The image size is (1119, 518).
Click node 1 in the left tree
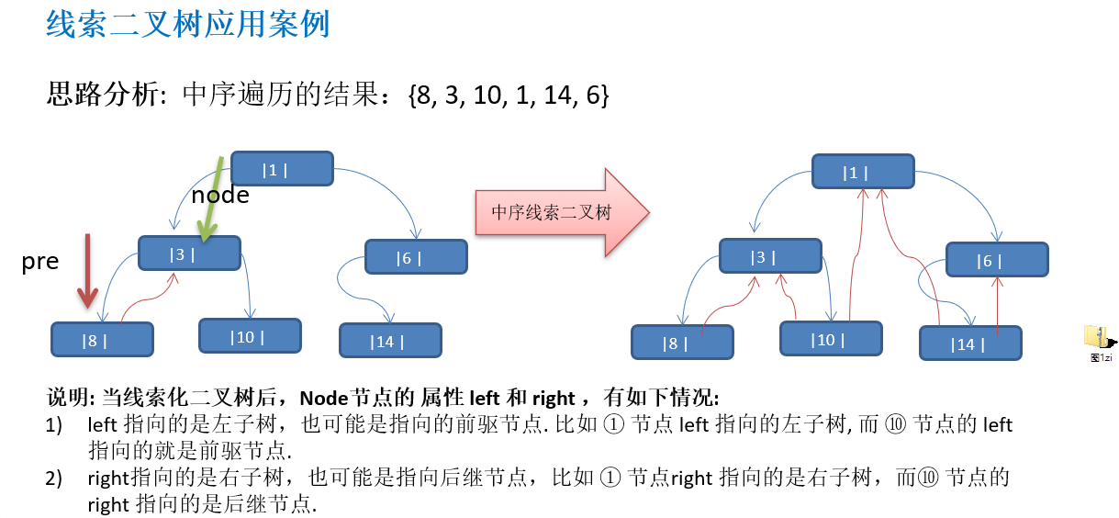(x=281, y=169)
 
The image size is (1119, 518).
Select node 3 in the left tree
(x=189, y=253)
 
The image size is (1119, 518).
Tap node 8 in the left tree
(x=102, y=340)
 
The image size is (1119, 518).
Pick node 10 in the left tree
(x=250, y=336)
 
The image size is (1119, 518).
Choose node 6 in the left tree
(x=416, y=257)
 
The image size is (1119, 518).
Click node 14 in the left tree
(x=390, y=341)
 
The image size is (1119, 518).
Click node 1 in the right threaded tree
(x=862, y=172)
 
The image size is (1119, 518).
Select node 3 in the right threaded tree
(x=769, y=256)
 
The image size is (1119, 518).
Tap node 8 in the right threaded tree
(x=682, y=343)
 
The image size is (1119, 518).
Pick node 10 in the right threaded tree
(x=831, y=339)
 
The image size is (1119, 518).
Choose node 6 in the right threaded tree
(x=996, y=260)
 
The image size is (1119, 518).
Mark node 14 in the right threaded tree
(x=970, y=343)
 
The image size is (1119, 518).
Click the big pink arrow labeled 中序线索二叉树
(x=560, y=213)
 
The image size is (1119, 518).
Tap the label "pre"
(x=40, y=262)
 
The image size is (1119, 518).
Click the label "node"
(x=219, y=195)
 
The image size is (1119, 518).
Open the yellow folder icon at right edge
(x=1095, y=337)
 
